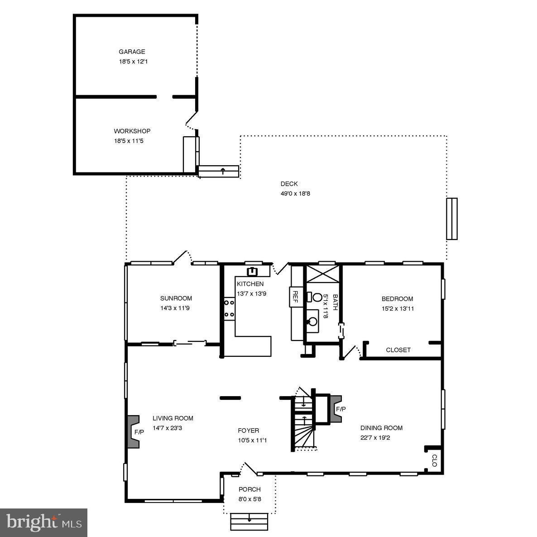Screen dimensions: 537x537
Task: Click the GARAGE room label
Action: [x=132, y=52]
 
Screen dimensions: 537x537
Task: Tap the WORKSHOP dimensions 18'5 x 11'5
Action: [x=132, y=141]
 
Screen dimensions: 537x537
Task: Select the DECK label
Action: [x=289, y=184]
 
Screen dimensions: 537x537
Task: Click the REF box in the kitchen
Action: [x=295, y=297]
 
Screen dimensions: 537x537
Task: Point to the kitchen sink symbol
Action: [x=252, y=272]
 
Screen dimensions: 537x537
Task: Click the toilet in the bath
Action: [x=316, y=297]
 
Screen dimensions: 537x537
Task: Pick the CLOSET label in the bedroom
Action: [x=398, y=350]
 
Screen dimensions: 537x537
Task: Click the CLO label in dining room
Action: [x=434, y=460]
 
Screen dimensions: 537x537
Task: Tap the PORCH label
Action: [x=249, y=489]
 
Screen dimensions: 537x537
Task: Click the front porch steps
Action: [x=249, y=521]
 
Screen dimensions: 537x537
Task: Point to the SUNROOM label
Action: [x=176, y=298]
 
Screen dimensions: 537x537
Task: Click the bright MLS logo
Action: [x=44, y=523]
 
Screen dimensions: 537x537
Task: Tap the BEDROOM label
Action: [x=397, y=299]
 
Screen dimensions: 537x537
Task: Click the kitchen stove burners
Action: [x=229, y=308]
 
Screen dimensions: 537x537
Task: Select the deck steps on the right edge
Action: [x=451, y=219]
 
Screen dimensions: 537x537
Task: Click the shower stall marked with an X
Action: [x=323, y=273]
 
